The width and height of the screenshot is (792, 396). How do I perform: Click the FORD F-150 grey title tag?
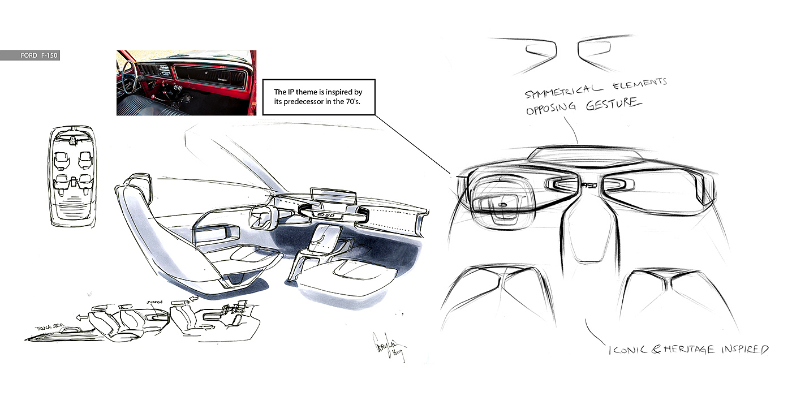click(29, 55)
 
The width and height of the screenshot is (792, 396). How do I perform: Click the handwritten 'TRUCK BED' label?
click(51, 327)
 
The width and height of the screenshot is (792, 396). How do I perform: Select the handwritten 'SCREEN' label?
click(154, 302)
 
